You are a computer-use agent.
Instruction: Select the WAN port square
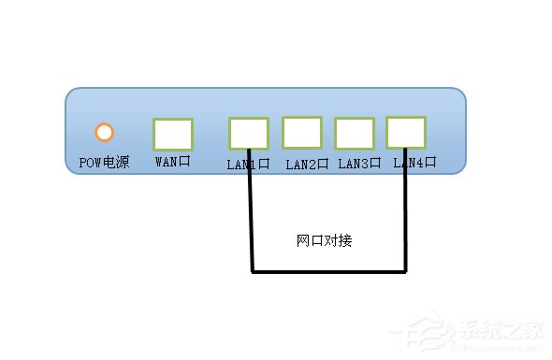(x=173, y=135)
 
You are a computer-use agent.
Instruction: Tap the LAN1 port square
(x=248, y=133)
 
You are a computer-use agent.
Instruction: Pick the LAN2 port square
(x=302, y=132)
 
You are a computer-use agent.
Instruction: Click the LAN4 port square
(x=405, y=132)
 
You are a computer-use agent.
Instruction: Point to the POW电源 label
(x=104, y=163)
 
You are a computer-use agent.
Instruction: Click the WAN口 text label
(x=172, y=163)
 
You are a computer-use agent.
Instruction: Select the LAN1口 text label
(x=248, y=164)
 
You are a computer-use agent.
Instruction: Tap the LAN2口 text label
(x=307, y=164)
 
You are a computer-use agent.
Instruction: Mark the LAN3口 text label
(x=359, y=164)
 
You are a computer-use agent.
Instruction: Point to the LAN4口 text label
(x=414, y=163)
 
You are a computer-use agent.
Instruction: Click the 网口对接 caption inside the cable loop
(x=325, y=240)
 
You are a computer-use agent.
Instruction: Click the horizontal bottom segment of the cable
(x=327, y=272)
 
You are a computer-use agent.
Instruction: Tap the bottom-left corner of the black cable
(x=252, y=272)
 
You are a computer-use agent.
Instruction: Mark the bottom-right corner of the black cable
(x=405, y=272)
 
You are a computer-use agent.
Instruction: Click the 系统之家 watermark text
(x=505, y=331)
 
